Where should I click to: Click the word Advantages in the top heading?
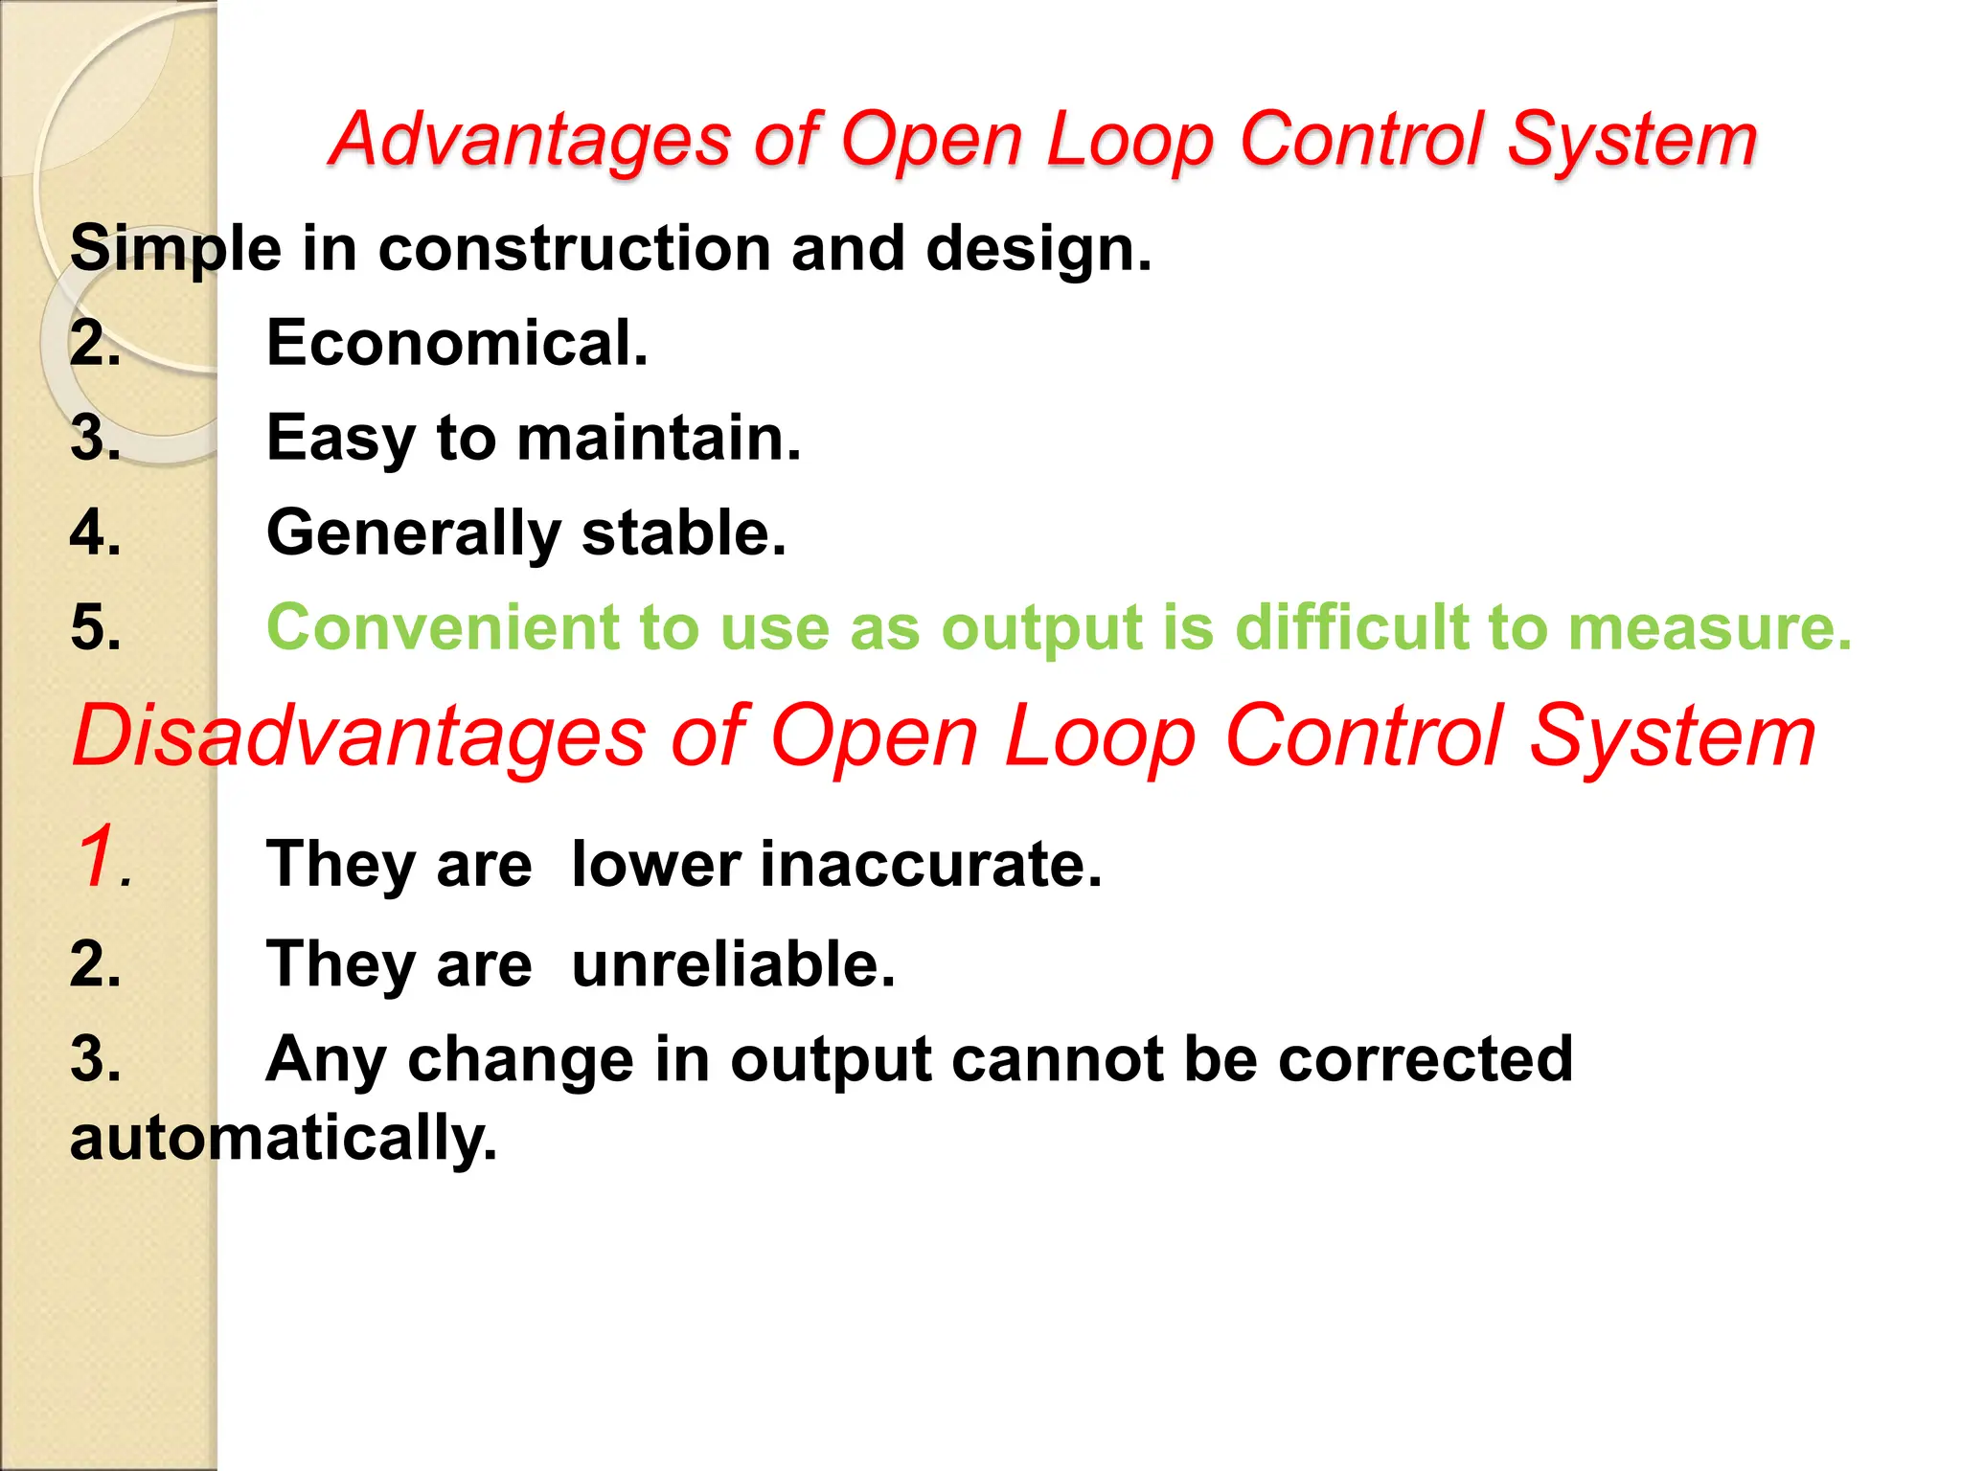tap(530, 141)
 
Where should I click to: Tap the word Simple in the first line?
tap(175, 249)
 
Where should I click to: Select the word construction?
tap(575, 249)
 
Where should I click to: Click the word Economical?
tap(457, 343)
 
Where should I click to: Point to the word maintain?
tap(659, 438)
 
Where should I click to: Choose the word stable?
tap(683, 532)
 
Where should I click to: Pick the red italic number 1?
tap(100, 854)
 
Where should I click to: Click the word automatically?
tap(284, 1139)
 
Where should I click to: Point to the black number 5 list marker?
tap(95, 628)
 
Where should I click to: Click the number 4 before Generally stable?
tap(95, 532)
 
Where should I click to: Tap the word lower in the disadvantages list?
tap(656, 864)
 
